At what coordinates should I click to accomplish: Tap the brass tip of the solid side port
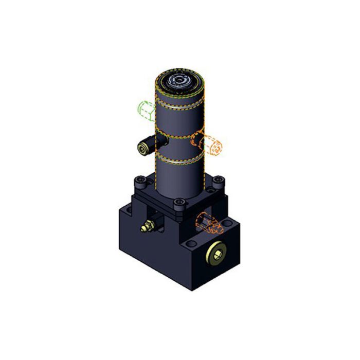pos(140,149)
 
